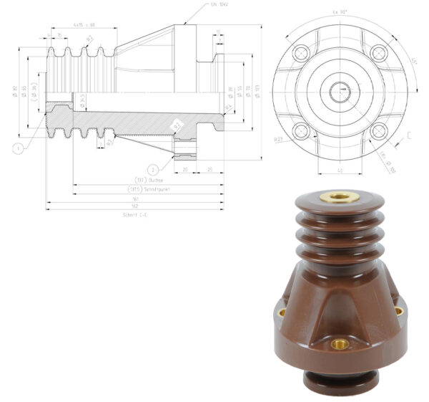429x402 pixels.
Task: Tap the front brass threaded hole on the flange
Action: click(340, 344)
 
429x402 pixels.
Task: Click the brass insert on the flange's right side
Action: click(398, 311)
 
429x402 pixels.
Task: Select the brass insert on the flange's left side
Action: click(281, 312)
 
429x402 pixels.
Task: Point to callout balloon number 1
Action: click(16, 148)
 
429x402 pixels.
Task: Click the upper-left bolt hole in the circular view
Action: click(302, 52)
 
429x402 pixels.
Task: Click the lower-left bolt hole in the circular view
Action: click(302, 130)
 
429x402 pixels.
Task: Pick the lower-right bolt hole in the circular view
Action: click(380, 130)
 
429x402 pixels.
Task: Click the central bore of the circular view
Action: click(341, 91)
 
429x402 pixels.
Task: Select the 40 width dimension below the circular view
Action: click(340, 170)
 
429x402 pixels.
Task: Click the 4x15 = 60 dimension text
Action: click(84, 26)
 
